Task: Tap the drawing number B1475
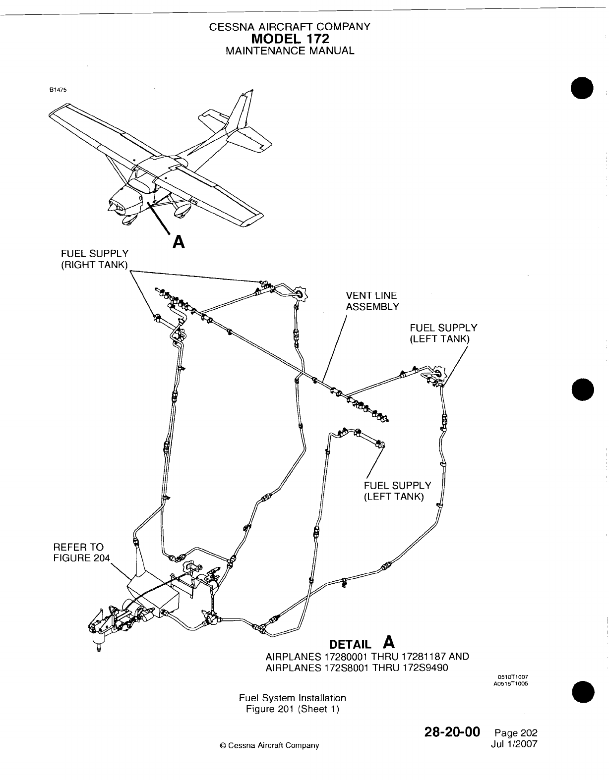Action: [58, 90]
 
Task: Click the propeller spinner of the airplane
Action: [113, 206]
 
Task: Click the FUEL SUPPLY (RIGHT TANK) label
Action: [94, 259]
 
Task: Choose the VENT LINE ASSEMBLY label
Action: [372, 301]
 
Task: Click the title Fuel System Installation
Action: [293, 698]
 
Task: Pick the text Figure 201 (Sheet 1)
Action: [293, 709]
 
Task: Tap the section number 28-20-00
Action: [452, 732]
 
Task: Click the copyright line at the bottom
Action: [269, 745]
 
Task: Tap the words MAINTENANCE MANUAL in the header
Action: [290, 51]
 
